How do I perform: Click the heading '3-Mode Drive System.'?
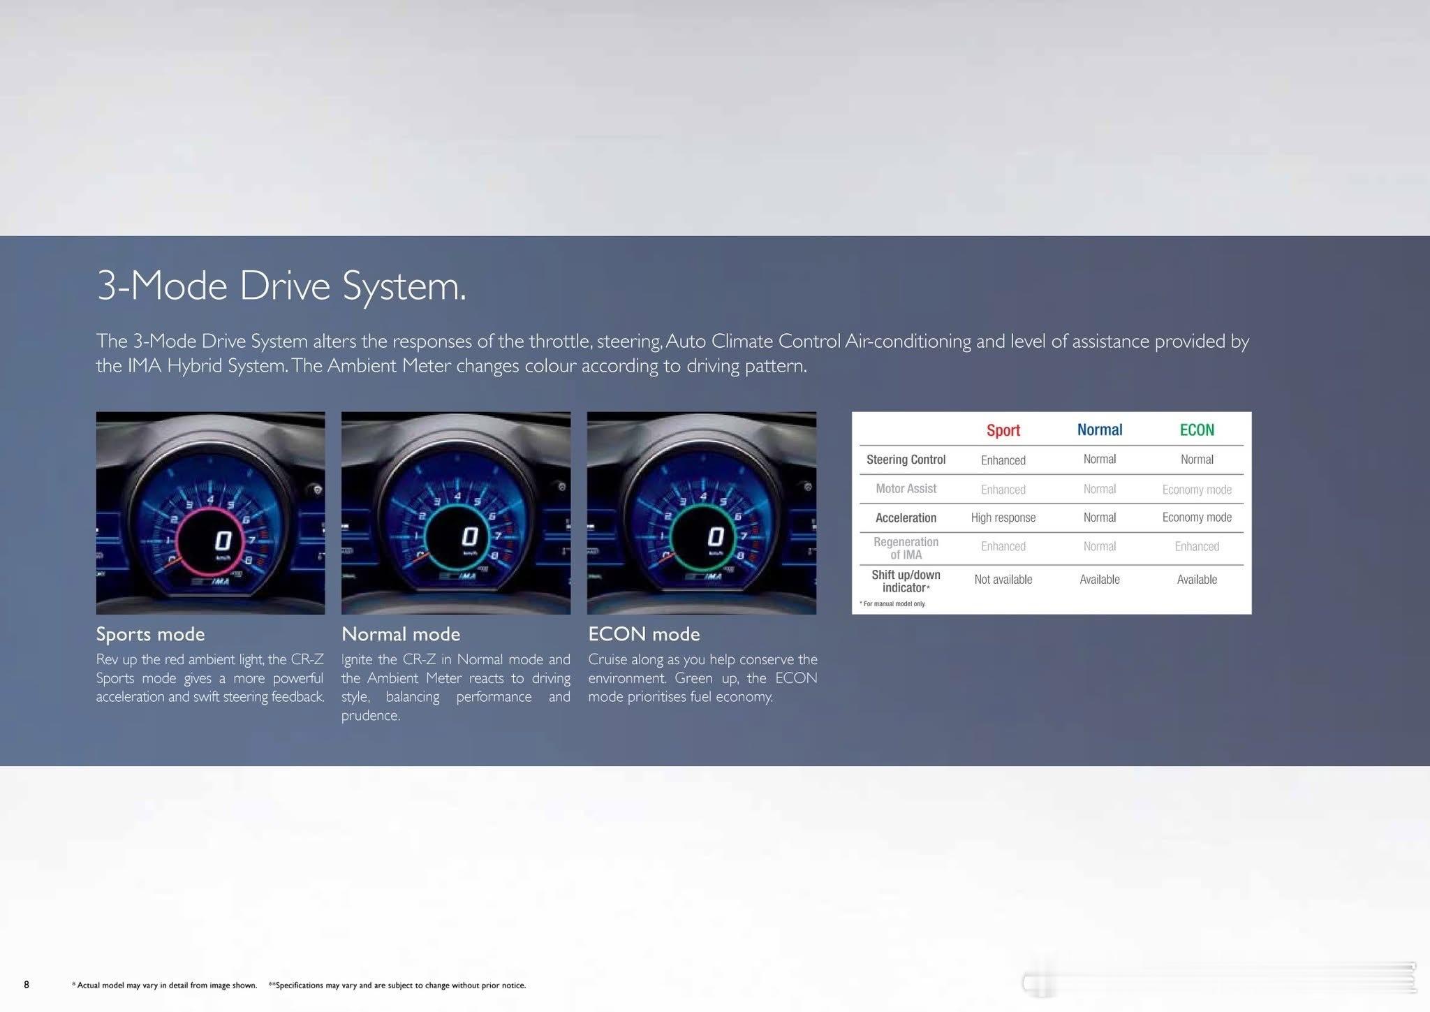point(281,286)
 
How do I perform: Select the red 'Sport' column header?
point(1003,430)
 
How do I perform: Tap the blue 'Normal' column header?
point(1100,430)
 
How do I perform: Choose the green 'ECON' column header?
point(1197,430)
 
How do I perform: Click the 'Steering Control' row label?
point(906,460)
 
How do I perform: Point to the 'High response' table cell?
point(1003,518)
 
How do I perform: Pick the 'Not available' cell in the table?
point(1003,580)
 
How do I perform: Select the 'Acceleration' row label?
point(906,518)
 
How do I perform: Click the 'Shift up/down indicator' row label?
point(906,581)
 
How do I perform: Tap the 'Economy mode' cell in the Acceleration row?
point(1197,518)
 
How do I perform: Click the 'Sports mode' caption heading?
point(150,634)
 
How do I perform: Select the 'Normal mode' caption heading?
point(401,634)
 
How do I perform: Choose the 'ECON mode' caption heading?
point(644,634)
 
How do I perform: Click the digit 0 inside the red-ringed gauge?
point(223,540)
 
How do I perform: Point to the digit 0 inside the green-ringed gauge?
point(716,536)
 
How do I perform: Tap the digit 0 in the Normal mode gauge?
point(470,536)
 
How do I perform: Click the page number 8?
point(27,985)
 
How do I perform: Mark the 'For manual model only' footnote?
point(893,604)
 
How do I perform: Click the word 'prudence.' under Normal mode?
point(371,716)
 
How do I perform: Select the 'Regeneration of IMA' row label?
point(906,548)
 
